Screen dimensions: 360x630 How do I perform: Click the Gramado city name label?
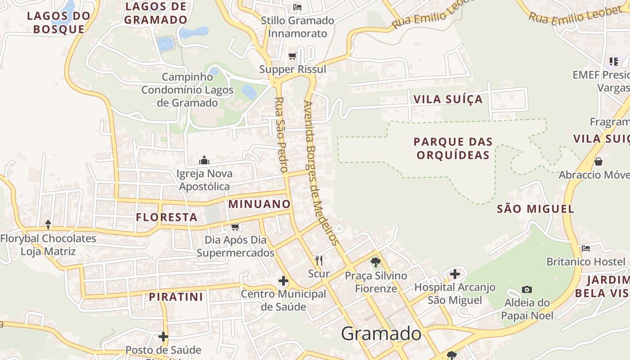click(381, 334)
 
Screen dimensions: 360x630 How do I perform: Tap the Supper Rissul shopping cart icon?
click(292, 56)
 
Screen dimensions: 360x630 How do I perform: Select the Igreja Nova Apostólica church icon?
click(204, 160)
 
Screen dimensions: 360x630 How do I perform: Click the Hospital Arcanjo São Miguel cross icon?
click(455, 274)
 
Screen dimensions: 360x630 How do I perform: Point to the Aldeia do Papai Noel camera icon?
click(527, 289)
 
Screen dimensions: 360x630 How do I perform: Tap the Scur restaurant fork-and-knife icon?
click(319, 260)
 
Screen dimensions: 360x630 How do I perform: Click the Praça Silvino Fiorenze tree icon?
click(376, 262)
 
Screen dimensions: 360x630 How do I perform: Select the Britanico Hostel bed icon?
click(586, 248)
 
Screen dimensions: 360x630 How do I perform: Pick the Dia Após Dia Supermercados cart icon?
click(235, 226)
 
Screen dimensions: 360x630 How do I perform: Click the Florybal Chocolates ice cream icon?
click(48, 224)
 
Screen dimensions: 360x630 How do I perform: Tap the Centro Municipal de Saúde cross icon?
click(283, 281)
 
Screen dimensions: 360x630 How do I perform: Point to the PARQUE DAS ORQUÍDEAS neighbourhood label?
click(453, 148)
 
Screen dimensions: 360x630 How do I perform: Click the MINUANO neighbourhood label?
click(260, 204)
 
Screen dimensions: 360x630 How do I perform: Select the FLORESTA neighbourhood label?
click(167, 217)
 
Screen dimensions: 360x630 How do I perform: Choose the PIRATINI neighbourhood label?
click(176, 297)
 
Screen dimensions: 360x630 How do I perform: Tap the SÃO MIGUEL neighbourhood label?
click(535, 208)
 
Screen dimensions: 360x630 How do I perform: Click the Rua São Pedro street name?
click(281, 135)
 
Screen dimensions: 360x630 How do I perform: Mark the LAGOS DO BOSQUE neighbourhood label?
click(58, 22)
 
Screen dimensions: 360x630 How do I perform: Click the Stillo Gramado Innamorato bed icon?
click(297, 7)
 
